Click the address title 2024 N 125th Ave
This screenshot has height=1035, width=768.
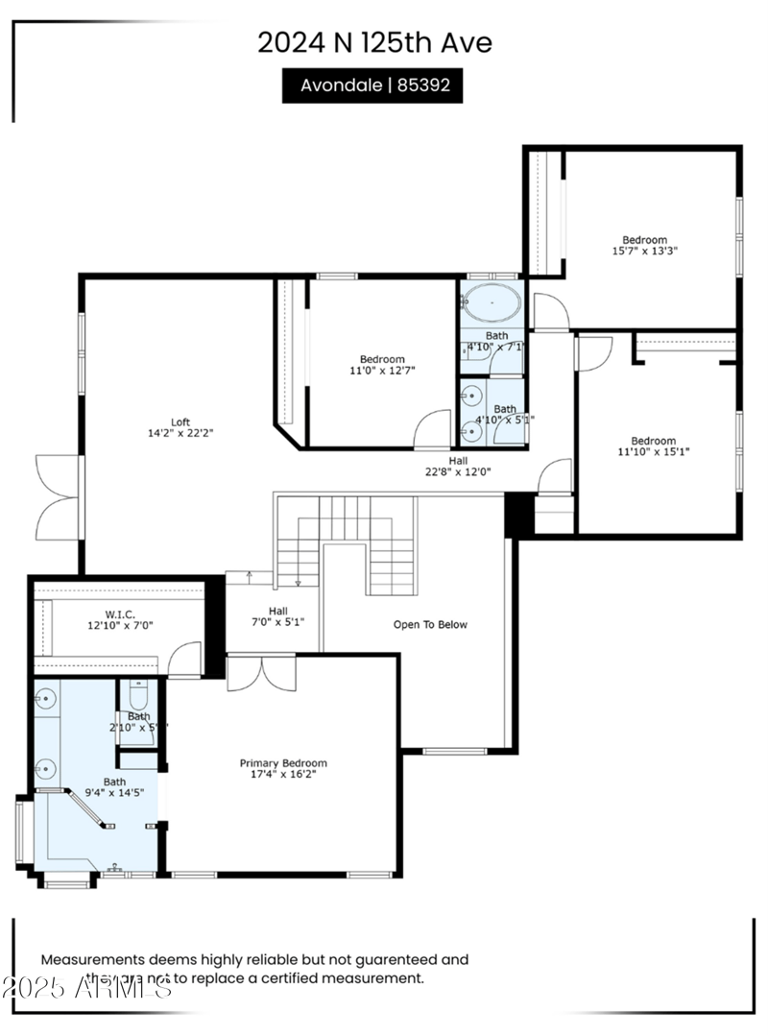click(x=374, y=42)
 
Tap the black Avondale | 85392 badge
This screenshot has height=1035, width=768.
click(x=372, y=84)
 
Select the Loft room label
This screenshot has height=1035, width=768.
click(x=180, y=421)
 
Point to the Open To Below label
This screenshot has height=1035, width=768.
click(x=430, y=625)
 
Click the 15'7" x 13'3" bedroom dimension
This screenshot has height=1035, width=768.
click(x=645, y=252)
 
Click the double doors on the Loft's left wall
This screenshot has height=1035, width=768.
click(x=58, y=497)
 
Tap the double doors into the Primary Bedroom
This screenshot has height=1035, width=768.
click(x=261, y=673)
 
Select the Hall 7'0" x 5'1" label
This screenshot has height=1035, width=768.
click(x=278, y=616)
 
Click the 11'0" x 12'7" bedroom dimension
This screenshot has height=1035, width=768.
click(x=382, y=370)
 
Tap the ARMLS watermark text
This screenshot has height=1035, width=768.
click(x=87, y=986)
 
